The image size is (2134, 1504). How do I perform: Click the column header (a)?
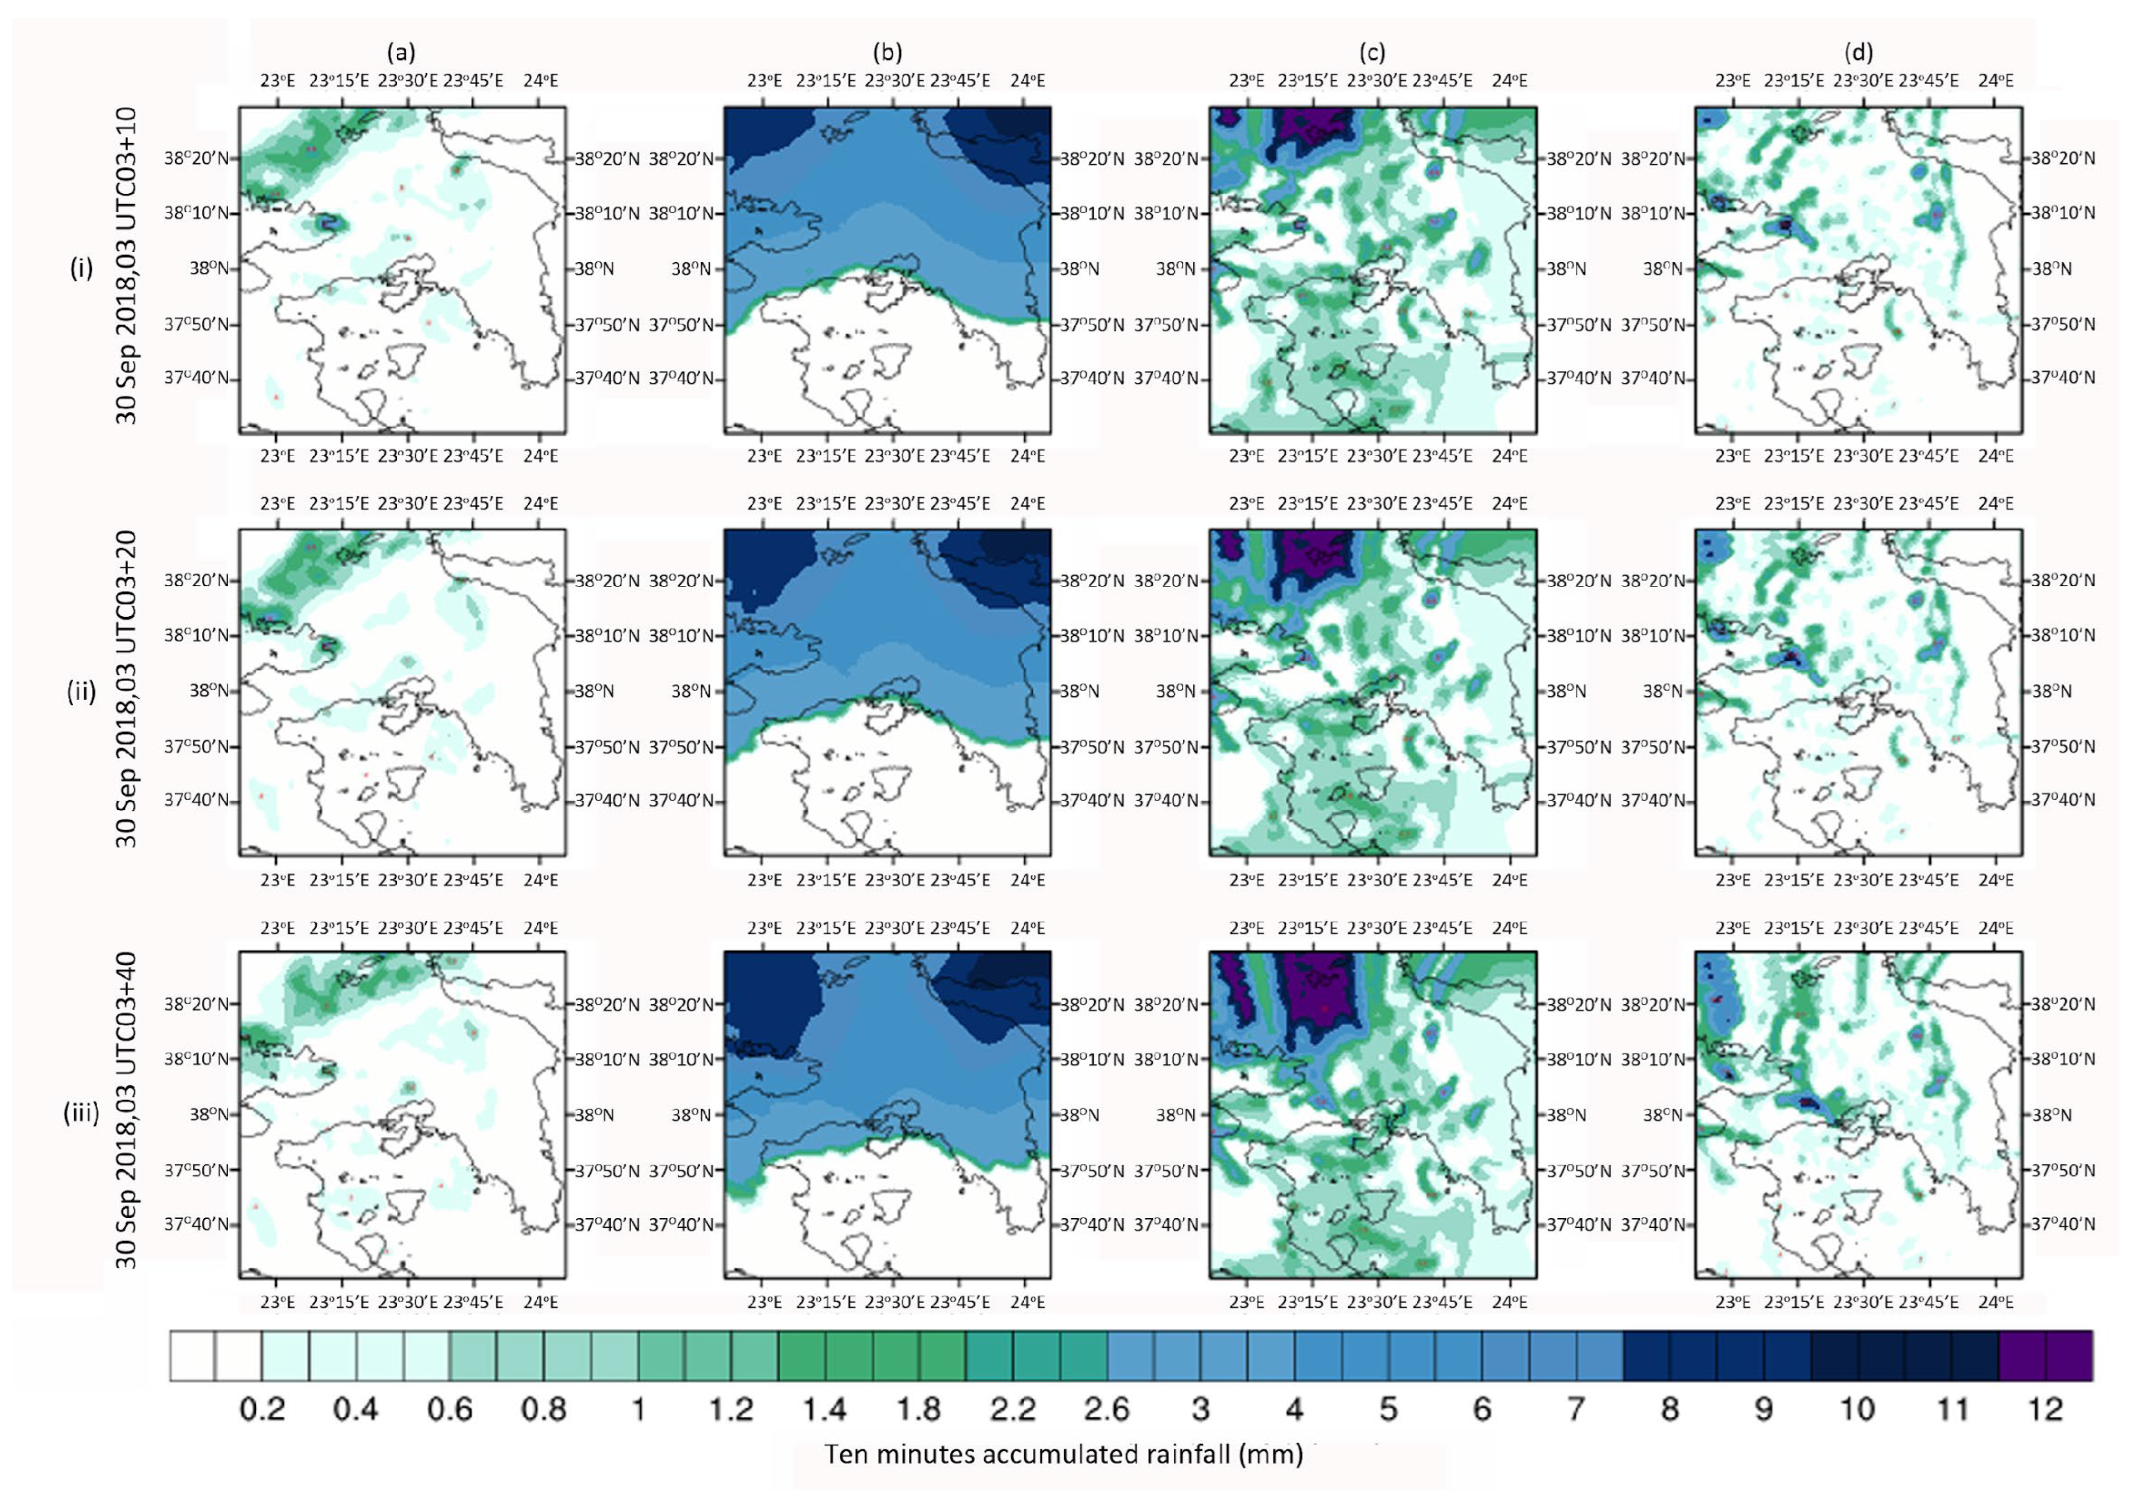click(402, 52)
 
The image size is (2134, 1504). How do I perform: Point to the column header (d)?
click(1858, 52)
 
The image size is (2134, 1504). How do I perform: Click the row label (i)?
click(82, 269)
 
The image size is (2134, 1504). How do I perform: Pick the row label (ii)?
click(82, 691)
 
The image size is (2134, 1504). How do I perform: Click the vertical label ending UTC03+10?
click(127, 267)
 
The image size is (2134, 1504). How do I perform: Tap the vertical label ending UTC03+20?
click(127, 690)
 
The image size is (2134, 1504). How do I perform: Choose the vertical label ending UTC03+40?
click(127, 1112)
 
